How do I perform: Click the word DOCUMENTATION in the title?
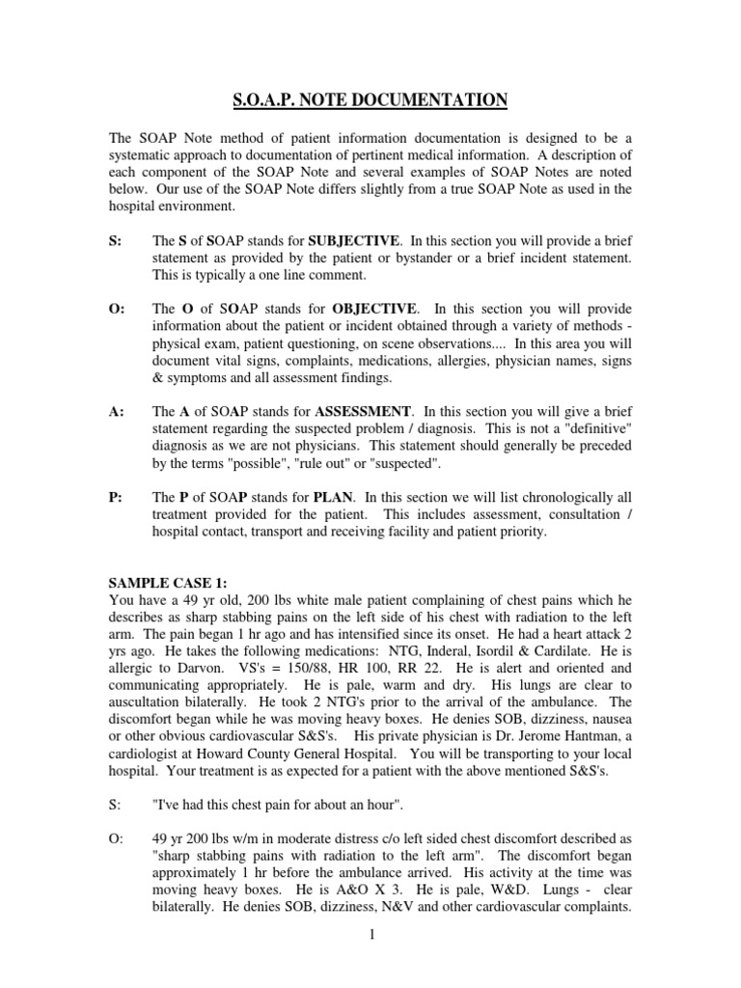click(439, 100)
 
